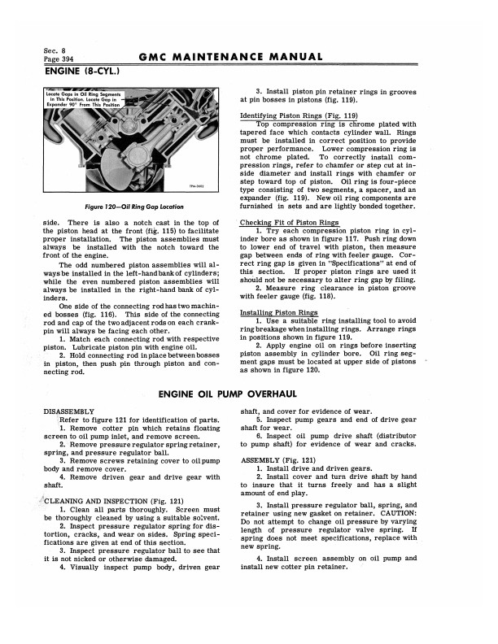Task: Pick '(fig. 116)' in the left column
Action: (x=125, y=296)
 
